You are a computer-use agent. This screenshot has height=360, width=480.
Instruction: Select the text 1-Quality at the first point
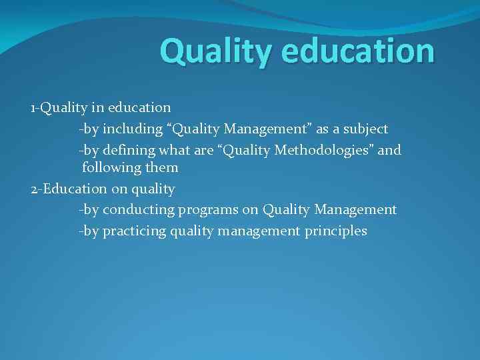tap(55, 107)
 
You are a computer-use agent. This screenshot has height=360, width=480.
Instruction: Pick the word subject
tap(365, 128)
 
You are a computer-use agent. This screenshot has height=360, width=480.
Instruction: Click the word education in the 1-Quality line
tap(138, 107)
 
